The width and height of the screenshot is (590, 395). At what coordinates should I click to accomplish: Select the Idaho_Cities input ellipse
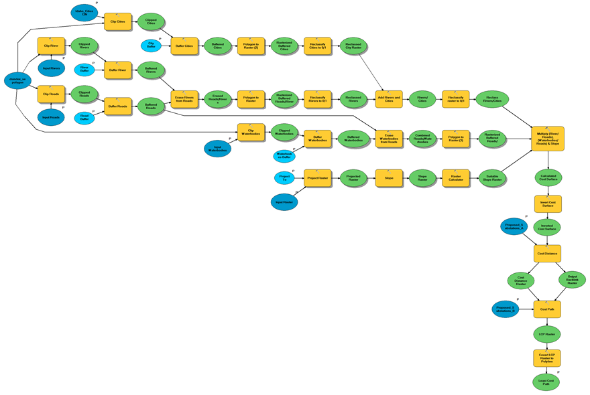[x=84, y=12]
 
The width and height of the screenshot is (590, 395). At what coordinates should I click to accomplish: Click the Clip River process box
[x=51, y=46]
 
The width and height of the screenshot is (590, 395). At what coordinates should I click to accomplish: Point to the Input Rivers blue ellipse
[x=51, y=68]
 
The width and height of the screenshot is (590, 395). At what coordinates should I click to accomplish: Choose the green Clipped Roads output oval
[x=84, y=94]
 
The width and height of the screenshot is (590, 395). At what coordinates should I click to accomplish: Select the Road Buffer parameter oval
[x=84, y=118]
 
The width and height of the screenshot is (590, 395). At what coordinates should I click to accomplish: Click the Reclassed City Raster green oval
[x=353, y=46]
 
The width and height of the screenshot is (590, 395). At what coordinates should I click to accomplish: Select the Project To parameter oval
[x=284, y=177]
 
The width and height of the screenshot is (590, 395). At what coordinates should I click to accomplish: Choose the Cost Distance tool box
[x=547, y=253]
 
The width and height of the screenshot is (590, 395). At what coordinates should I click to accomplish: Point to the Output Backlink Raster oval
[x=572, y=280]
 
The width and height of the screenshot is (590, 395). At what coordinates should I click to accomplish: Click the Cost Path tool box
[x=547, y=309]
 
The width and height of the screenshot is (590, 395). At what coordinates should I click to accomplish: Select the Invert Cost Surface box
[x=547, y=204]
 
